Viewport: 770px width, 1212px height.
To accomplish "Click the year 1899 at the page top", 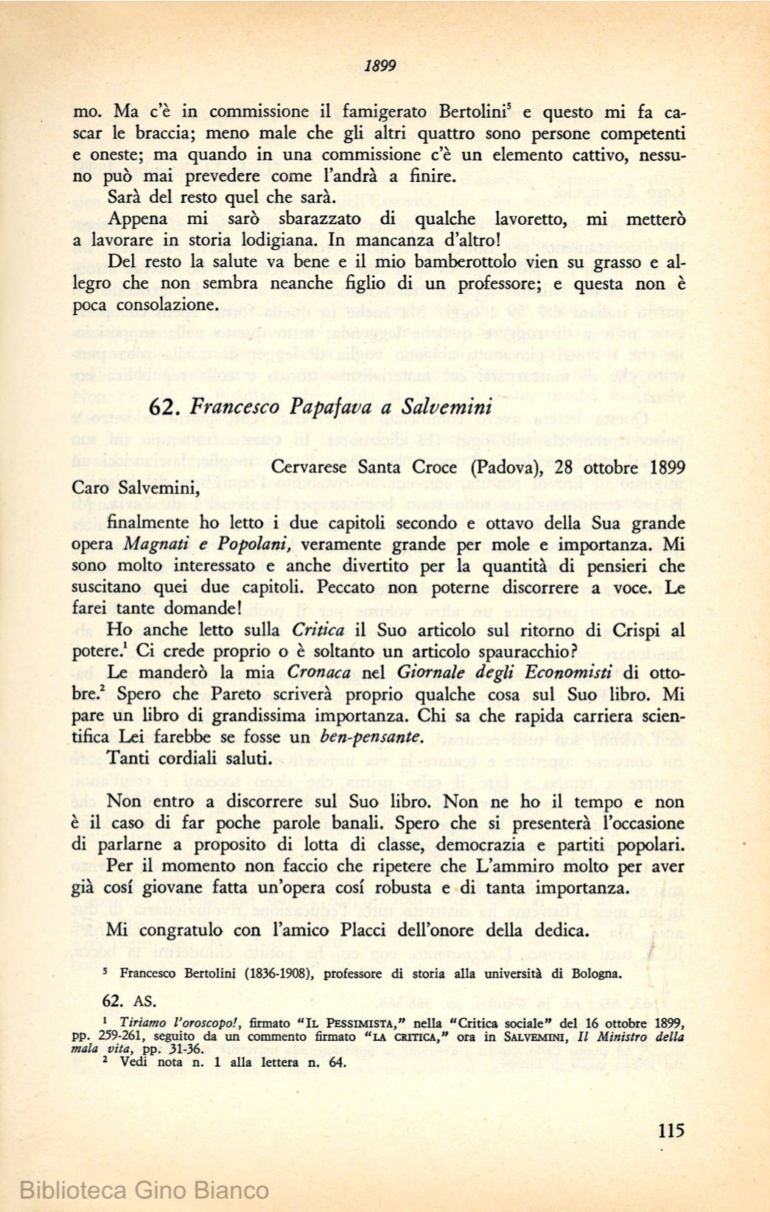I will [380, 66].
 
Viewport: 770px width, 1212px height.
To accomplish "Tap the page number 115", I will [669, 1130].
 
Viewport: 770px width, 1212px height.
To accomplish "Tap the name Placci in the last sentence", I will [364, 930].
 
